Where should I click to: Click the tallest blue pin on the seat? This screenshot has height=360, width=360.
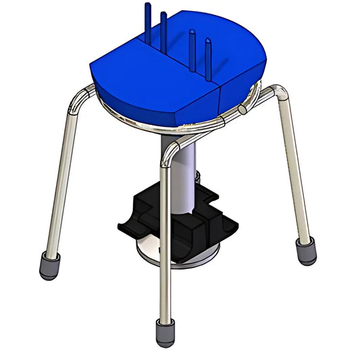pos(147,20)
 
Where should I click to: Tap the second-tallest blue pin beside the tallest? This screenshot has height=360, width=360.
pos(163,30)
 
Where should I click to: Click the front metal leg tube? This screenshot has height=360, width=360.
pos(163,243)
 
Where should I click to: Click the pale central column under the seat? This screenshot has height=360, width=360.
pos(185,176)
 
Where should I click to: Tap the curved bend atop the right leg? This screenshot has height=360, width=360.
pos(277,91)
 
